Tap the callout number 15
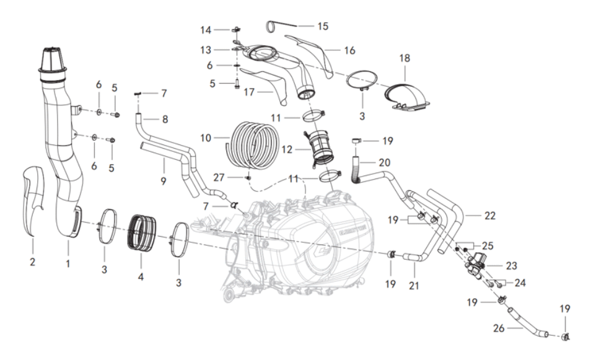point(322,27)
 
